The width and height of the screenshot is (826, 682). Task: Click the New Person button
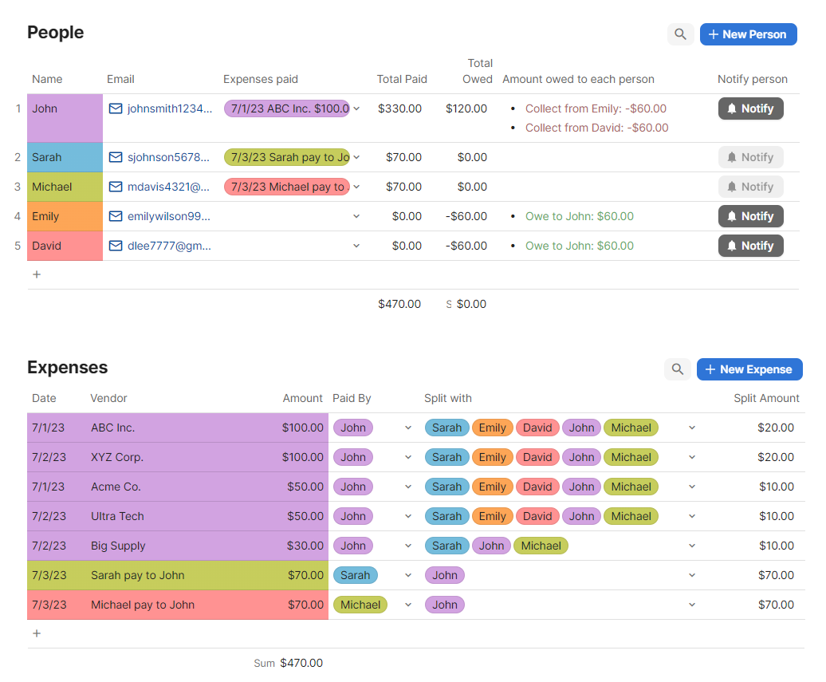pos(748,34)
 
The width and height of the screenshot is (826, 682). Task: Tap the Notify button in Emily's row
pos(750,216)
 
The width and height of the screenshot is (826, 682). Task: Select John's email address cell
pos(162,108)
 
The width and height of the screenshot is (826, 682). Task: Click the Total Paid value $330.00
pos(400,108)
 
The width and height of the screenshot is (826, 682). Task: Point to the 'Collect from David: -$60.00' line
pos(596,128)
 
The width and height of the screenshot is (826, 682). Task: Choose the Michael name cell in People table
pos(65,187)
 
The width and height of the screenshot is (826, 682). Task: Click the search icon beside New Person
pos(680,34)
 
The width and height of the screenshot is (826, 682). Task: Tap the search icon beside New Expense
pos(677,369)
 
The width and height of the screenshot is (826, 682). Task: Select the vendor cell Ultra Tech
pos(117,516)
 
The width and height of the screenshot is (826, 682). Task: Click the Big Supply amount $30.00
pos(305,546)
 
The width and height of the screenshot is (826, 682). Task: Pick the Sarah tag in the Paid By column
pos(355,575)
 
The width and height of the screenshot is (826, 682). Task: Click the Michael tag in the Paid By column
pos(360,605)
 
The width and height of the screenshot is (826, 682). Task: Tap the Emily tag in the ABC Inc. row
pos(492,428)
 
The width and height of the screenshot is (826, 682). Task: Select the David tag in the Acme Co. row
pos(537,487)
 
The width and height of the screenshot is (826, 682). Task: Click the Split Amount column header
pos(766,398)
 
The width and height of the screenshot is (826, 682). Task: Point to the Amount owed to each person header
pos(578,79)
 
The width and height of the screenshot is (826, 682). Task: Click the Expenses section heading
pos(67,368)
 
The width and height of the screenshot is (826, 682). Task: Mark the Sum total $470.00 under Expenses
pos(301,663)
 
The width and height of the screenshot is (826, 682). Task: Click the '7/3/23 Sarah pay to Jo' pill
pos(287,157)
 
